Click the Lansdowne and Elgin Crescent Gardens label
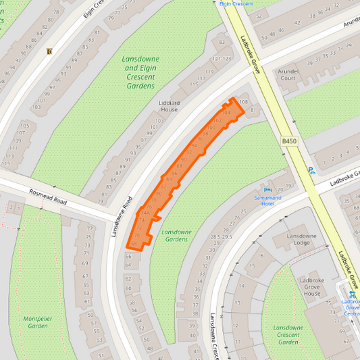[x=140, y=72]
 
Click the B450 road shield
[x=289, y=140]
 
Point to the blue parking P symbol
[x=311, y=170]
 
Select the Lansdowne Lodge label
[x=301, y=239]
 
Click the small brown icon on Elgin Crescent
[x=49, y=51]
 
